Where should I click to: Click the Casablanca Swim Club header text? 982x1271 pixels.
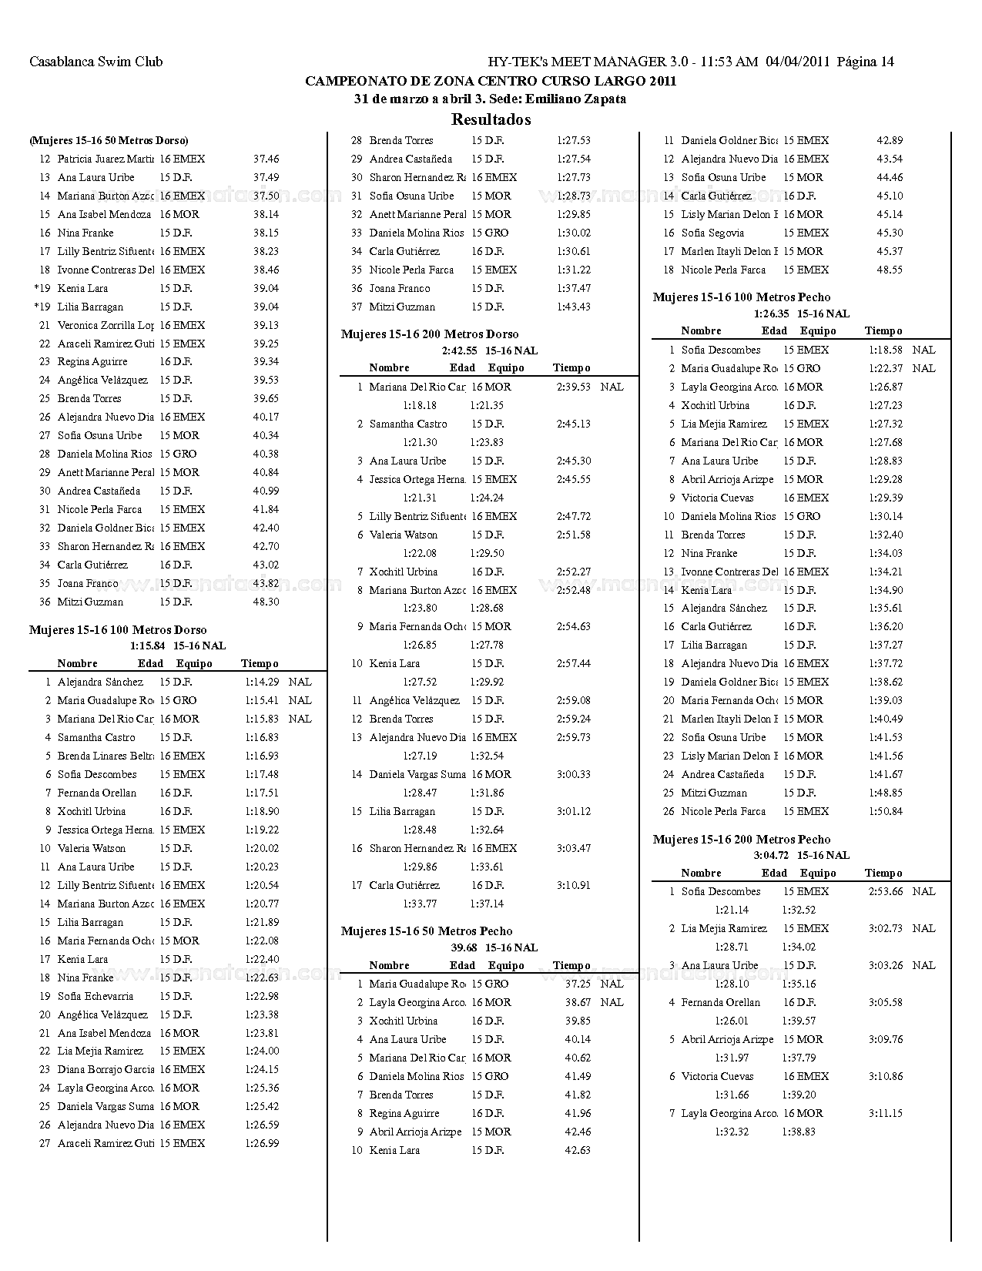coord(96,62)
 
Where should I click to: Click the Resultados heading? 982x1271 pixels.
coord(491,119)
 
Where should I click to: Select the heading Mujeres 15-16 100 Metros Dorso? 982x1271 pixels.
coord(118,630)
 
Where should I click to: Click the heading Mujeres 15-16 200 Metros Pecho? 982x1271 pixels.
coord(742,839)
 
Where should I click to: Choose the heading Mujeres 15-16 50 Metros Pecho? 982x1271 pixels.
coord(427,931)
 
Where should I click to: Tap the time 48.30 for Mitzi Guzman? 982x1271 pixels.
coord(266,602)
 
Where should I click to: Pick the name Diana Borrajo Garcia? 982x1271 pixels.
coord(106,1069)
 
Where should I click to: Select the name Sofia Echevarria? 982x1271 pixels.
coord(96,996)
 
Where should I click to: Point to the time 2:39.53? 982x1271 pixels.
coord(573,387)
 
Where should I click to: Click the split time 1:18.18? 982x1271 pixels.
coord(420,405)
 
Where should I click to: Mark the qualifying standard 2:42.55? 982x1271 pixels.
coord(459,350)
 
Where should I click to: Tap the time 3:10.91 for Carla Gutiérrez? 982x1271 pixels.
coord(573,885)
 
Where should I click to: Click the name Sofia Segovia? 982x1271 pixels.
coord(712,233)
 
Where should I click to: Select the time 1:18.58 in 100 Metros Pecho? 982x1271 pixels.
coord(885,350)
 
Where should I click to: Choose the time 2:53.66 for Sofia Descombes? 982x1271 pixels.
coord(885,891)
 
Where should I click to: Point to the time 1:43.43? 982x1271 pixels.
coord(573,307)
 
